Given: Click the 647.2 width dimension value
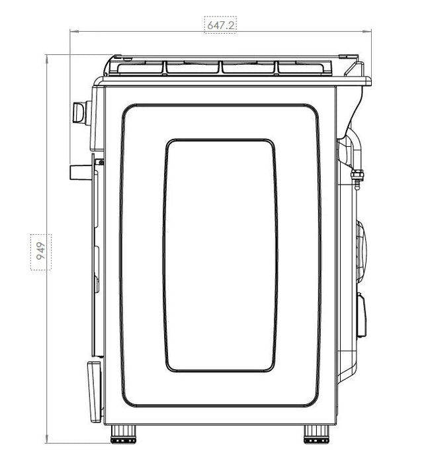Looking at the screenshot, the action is point(220,25).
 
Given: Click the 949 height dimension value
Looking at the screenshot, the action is point(41,251).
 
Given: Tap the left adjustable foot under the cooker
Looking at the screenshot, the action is point(123,434).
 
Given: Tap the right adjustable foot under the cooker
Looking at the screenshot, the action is point(317,434).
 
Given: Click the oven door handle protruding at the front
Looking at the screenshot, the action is point(81,172).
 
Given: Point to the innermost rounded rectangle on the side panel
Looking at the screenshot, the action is point(220,255).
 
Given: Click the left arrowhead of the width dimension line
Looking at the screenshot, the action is point(74,31).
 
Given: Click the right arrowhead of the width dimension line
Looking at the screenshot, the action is point(367,31).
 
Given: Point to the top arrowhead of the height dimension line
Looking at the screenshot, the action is point(47,58).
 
